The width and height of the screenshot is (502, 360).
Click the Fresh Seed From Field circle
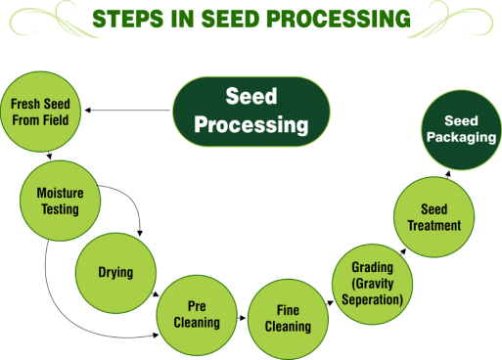40,112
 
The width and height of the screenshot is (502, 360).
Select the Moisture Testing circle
61,201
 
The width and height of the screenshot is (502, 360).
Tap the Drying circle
115,273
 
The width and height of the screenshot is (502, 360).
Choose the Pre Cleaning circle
197,315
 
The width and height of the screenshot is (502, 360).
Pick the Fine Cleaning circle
288,319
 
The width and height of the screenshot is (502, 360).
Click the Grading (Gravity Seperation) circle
372,284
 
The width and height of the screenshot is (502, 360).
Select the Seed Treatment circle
434,217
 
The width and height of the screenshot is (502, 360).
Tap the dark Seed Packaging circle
461,130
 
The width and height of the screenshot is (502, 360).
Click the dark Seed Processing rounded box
251,112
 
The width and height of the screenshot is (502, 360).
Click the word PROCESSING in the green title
339,19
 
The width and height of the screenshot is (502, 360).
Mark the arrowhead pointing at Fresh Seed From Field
87,111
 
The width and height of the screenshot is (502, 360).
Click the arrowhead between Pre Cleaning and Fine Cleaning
243,318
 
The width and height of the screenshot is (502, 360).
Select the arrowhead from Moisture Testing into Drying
140,234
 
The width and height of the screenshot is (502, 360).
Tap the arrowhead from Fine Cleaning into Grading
331,303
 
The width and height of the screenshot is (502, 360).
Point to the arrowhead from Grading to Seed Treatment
403,251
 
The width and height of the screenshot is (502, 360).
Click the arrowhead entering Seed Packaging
448,173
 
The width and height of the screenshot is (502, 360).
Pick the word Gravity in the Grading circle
373,284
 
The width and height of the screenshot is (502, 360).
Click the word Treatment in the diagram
434,225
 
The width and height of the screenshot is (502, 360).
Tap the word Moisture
61,193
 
